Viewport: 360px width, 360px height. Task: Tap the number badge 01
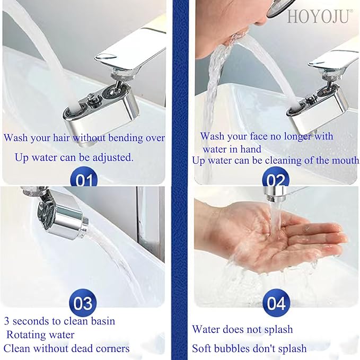click(84, 179)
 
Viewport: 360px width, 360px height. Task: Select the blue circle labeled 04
click(276, 303)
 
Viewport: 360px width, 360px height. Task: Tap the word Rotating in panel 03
click(26, 335)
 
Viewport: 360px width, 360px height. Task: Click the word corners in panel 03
click(110, 348)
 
